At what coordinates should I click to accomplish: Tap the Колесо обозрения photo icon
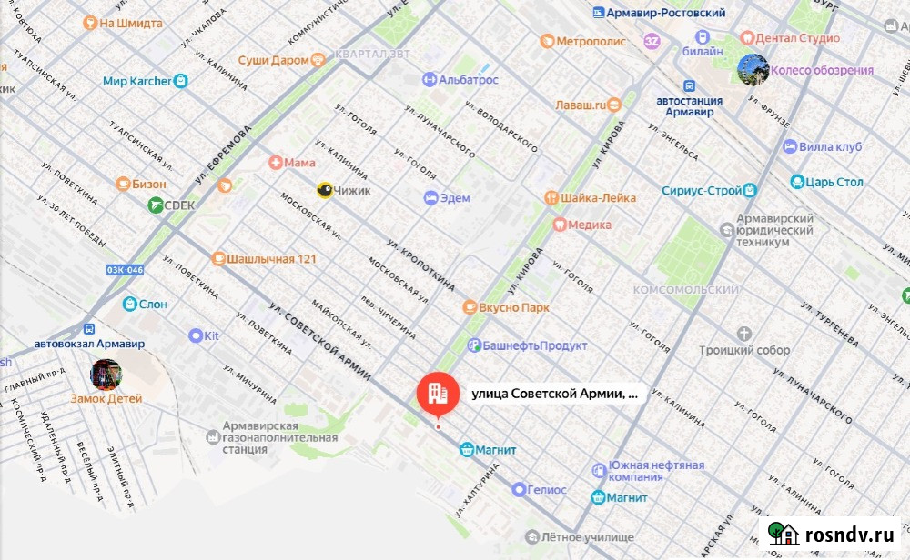(753, 69)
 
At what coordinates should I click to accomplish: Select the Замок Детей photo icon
(106, 375)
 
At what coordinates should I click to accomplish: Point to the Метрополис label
(591, 41)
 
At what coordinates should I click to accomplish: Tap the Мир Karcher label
(136, 81)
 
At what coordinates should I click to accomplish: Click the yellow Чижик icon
(324, 190)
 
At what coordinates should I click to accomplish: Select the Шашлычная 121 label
(272, 259)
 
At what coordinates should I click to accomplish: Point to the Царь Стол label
(835, 182)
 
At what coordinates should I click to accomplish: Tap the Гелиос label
(546, 490)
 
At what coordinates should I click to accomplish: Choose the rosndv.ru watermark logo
(832, 534)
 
